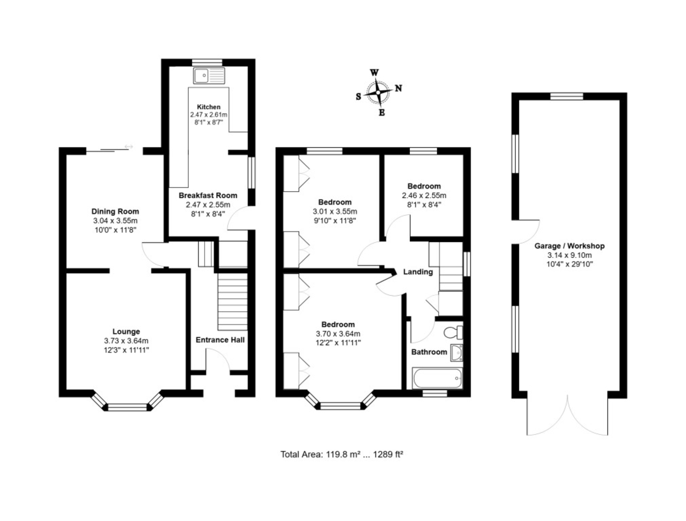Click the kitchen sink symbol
tap(209, 75)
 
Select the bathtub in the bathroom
tap(437, 378)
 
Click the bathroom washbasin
tap(457, 352)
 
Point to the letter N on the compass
tap(398, 89)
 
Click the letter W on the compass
tap(374, 73)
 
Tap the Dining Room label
tap(115, 211)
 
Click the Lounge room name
tap(126, 331)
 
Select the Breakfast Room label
tap(208, 195)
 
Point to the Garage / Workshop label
tap(569, 246)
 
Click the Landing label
tap(418, 272)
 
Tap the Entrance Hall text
tap(220, 340)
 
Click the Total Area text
tap(342, 454)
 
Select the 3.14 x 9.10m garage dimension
tap(569, 255)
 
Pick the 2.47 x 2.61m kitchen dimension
tap(209, 115)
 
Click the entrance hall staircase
tap(232, 302)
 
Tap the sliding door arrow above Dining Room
tap(129, 146)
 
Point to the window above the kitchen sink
tap(209, 62)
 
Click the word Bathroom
tap(429, 352)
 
